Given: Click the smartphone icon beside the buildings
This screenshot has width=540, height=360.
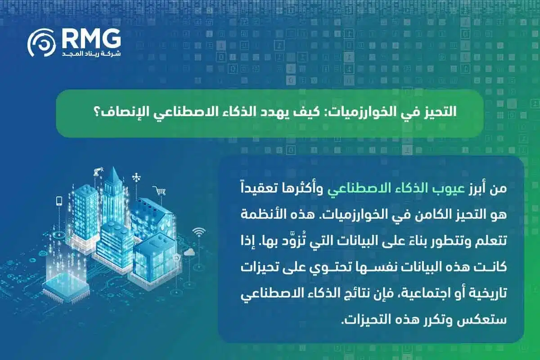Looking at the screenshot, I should (x=58, y=200).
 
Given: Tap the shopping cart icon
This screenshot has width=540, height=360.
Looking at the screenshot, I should (x=159, y=191).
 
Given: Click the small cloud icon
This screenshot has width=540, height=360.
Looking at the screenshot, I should (x=189, y=252).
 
